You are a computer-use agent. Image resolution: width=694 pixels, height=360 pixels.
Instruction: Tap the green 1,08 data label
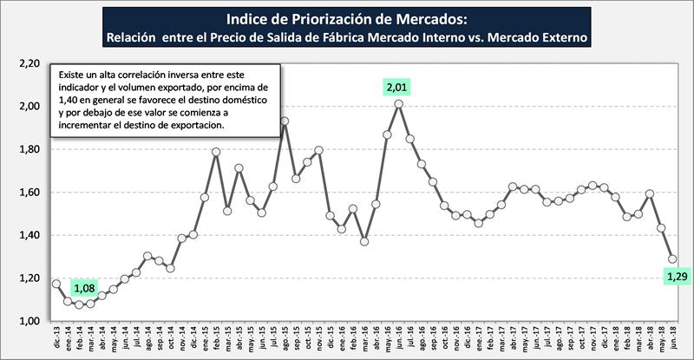point(84,286)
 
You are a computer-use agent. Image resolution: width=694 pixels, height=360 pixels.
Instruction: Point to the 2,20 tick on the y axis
point(29,63)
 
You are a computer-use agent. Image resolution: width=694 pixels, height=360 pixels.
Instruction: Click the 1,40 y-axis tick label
point(29,235)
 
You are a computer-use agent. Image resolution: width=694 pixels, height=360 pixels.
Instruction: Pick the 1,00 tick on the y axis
point(29,321)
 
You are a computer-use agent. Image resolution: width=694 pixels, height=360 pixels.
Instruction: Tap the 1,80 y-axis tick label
point(29,149)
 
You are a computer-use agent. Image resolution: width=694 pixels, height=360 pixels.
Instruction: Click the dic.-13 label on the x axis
point(55,338)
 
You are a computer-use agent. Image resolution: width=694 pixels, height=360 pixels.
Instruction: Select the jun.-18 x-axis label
point(672,338)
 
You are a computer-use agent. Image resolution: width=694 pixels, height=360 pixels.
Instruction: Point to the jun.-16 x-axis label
point(398,338)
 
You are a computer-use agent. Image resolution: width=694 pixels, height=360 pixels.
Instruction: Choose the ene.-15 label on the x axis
point(204,338)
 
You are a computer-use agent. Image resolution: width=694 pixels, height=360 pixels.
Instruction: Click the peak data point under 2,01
point(398,104)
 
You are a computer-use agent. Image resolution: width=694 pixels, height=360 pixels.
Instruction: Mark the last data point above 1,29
point(672,259)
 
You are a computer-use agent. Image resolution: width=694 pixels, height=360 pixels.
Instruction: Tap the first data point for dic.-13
point(56,284)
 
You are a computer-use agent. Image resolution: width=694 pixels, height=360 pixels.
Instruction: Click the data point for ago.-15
point(284,121)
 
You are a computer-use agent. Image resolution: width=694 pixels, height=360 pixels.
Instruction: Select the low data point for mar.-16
point(364,242)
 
